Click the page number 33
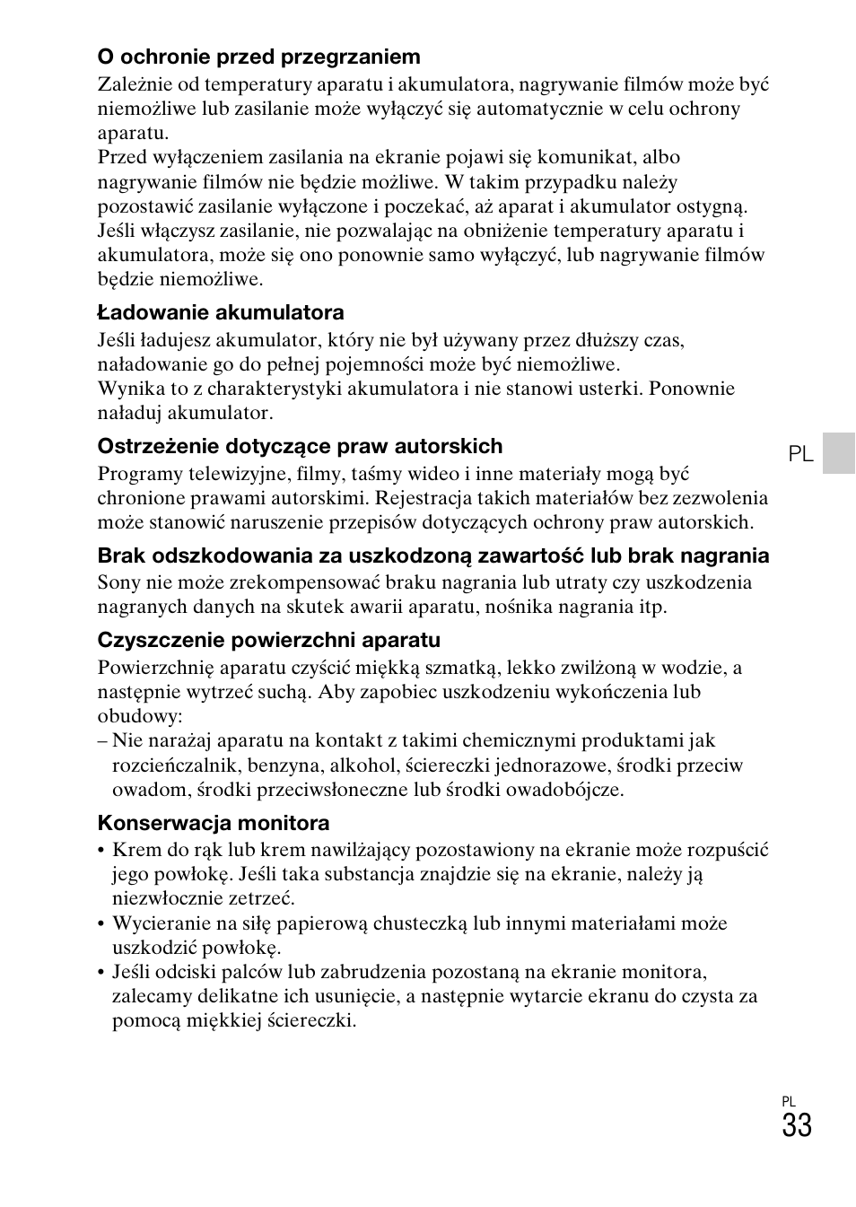[796, 1125]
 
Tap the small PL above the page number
[789, 1101]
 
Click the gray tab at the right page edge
[839, 452]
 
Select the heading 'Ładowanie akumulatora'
[221, 312]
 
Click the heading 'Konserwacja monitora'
[214, 823]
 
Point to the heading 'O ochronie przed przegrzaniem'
[258, 57]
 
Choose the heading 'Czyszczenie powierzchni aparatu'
[269, 640]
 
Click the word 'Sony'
[119, 582]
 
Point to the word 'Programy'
[138, 474]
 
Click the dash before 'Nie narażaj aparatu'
[102, 741]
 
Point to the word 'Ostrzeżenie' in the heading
[152, 446]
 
